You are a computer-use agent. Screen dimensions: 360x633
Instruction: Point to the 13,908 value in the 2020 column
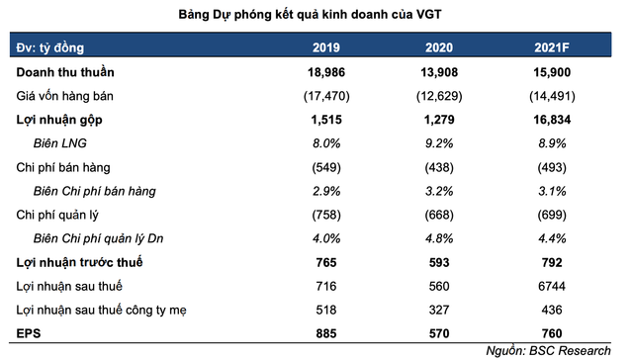coord(438,73)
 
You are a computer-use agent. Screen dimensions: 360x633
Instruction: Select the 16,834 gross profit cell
coord(551,121)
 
